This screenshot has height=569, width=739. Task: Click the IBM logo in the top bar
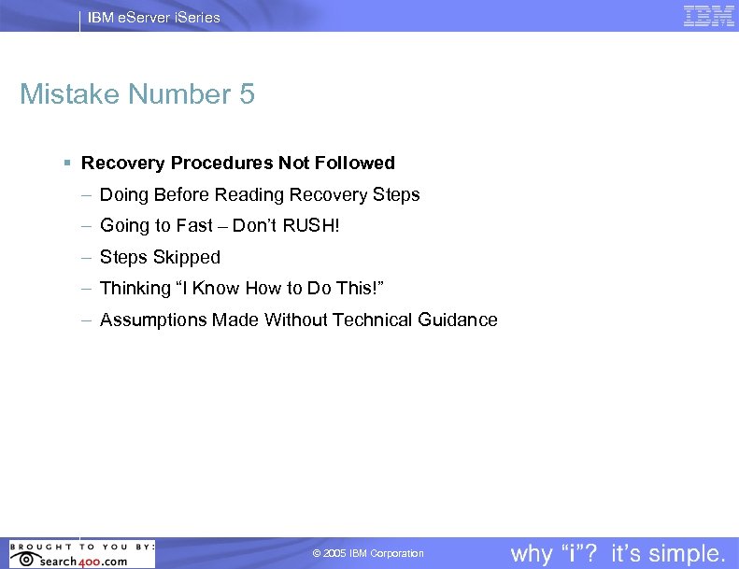[709, 16]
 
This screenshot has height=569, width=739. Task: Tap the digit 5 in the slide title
[246, 94]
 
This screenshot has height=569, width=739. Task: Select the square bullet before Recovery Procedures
[67, 163]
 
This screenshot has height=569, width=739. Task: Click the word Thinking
[135, 289]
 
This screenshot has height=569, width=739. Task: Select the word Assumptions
[154, 320]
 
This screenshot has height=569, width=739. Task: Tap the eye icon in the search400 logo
[25, 559]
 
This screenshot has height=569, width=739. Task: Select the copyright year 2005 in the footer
[334, 554]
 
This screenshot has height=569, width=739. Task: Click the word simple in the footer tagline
[686, 554]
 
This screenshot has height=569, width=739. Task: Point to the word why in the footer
[532, 554]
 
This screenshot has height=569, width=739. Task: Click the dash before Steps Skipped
[86, 257]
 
